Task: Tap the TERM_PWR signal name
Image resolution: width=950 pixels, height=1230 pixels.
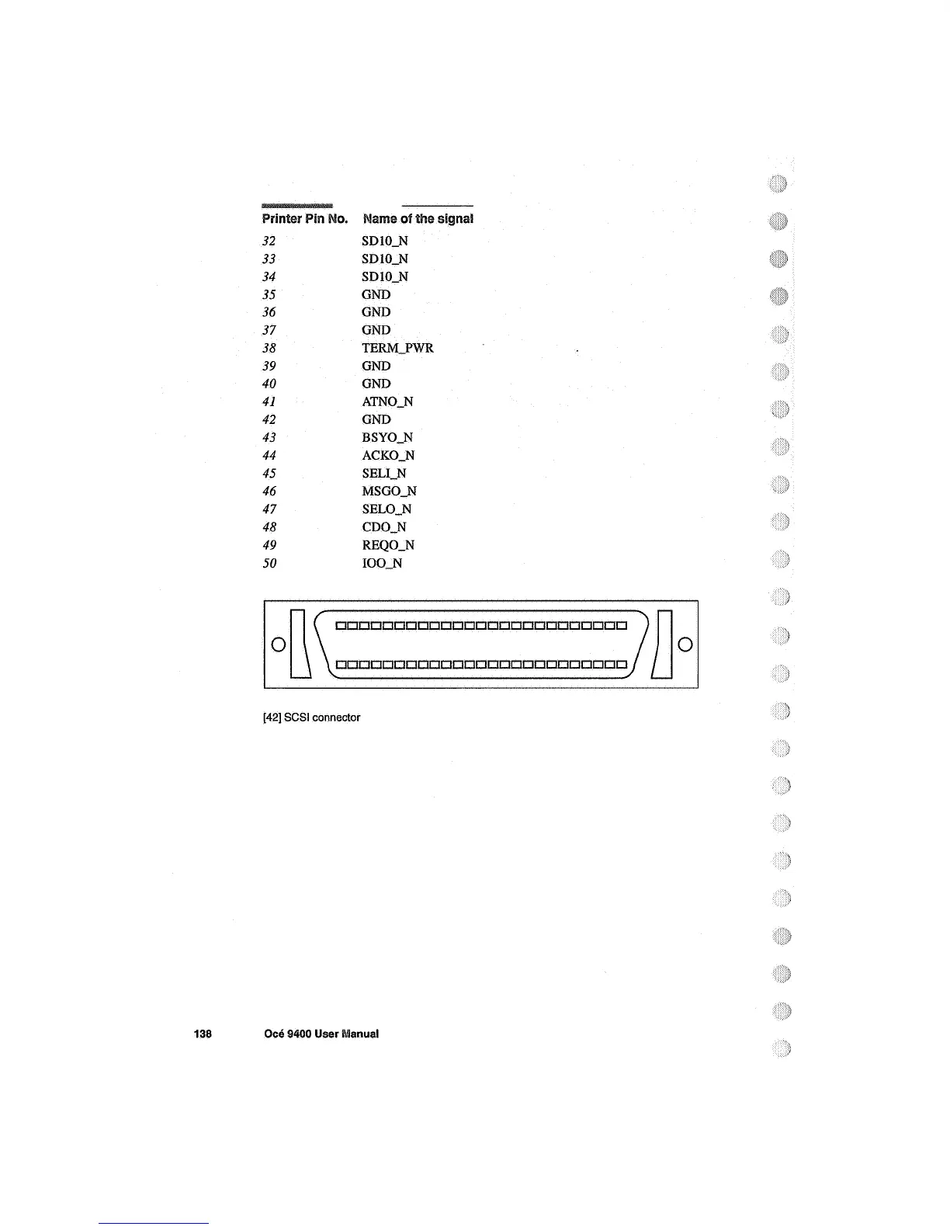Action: (397, 348)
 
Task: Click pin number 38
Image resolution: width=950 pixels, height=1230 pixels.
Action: (269, 349)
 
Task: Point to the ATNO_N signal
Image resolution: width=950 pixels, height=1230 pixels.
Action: (387, 401)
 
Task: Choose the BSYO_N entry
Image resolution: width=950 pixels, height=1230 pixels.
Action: (387, 438)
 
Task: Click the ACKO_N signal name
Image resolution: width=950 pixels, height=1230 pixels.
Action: (388, 456)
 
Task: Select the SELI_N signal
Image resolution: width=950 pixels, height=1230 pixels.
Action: (384, 474)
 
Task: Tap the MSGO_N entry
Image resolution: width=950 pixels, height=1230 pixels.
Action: (389, 492)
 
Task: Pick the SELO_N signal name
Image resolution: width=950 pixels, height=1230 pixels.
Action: (387, 509)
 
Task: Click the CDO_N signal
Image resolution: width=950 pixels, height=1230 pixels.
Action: (384, 527)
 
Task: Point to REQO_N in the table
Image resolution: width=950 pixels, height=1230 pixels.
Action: (388, 545)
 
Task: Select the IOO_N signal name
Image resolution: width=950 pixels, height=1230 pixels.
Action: (382, 563)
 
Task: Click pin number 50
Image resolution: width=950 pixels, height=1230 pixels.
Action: (269, 563)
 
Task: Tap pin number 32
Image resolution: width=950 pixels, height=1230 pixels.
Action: (269, 241)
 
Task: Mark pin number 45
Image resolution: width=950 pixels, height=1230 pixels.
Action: (269, 474)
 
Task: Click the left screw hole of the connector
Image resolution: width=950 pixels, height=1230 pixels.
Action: (277, 645)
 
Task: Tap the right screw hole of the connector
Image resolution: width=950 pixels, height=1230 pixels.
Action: (685, 645)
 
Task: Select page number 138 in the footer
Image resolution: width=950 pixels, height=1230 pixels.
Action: (203, 1034)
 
